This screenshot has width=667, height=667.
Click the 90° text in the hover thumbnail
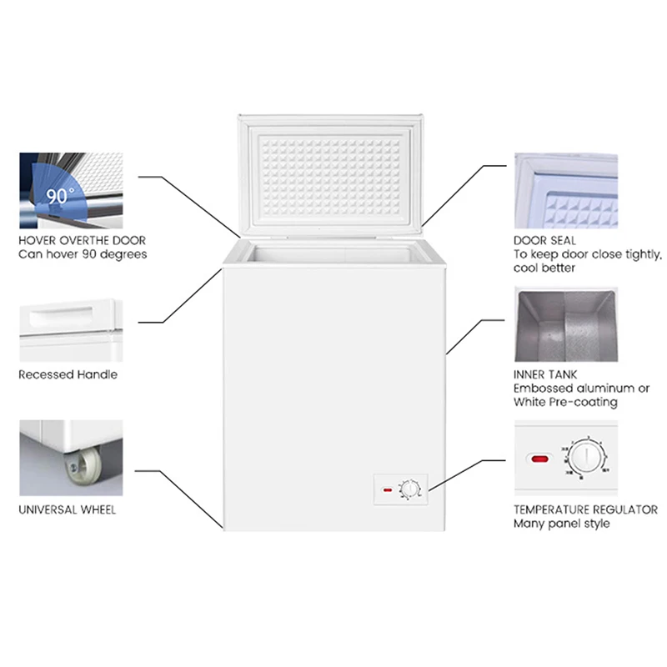point(60,197)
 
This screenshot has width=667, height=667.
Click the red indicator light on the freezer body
point(386,490)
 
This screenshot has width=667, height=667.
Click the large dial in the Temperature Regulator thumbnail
point(589,458)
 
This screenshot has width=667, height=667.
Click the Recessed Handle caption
point(68,374)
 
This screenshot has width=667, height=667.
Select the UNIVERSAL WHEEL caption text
point(68,509)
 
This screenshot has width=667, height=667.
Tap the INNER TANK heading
point(545,375)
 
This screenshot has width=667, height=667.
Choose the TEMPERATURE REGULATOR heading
point(585,509)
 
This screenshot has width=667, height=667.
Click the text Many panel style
point(561,524)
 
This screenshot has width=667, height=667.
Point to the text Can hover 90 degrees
point(83,254)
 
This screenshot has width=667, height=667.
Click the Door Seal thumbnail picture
point(565,190)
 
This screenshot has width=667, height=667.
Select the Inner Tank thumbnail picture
point(565,324)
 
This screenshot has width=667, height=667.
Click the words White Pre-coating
point(565,402)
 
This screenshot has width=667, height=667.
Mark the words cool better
point(544,268)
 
